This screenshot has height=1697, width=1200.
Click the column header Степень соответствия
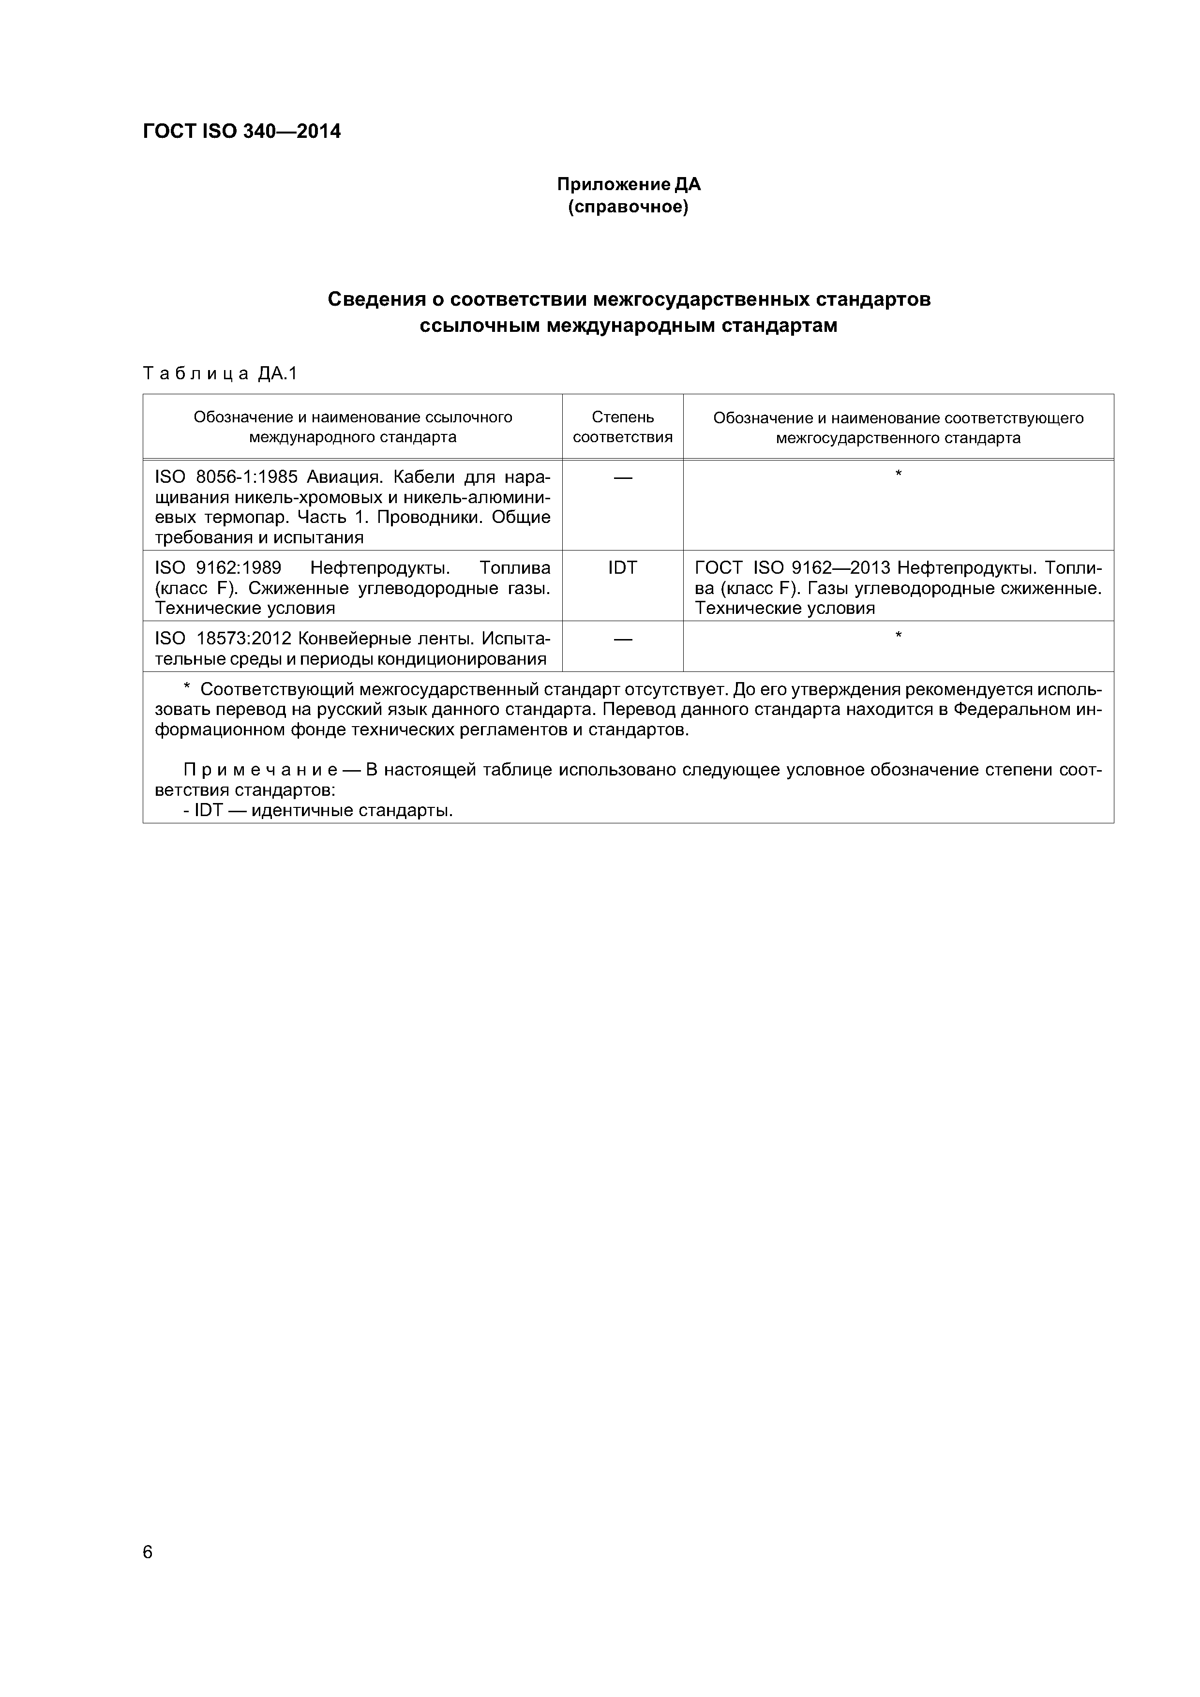(623, 427)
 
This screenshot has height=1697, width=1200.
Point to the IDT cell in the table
(623, 567)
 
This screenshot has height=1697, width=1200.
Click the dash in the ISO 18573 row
(623, 639)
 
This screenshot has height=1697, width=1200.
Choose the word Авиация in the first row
(347, 476)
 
